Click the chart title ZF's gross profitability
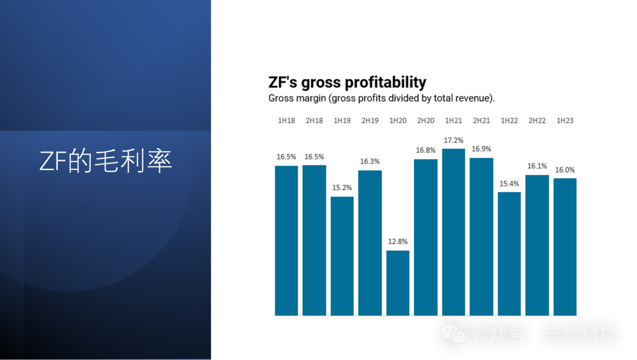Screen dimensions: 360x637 pyautogui.click(x=347, y=82)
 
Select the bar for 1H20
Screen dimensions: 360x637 pyautogui.click(x=398, y=283)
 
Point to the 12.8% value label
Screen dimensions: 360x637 pyautogui.click(x=398, y=241)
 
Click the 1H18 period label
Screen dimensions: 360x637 pyautogui.click(x=287, y=120)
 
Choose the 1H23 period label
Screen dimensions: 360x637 pyautogui.click(x=565, y=120)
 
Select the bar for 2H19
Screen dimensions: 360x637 pyautogui.click(x=370, y=243)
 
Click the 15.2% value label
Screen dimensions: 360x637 pyautogui.click(x=342, y=188)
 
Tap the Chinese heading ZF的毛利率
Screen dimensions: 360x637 pyautogui.click(x=106, y=161)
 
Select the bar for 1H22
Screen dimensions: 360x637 pyautogui.click(x=509, y=254)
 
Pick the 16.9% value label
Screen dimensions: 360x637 pyautogui.click(x=481, y=149)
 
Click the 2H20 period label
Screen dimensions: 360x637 pyautogui.click(x=425, y=120)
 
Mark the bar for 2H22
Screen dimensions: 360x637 pyautogui.click(x=537, y=245)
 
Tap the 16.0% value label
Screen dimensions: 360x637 pyautogui.click(x=565, y=170)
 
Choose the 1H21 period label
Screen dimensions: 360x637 pyautogui.click(x=454, y=120)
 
